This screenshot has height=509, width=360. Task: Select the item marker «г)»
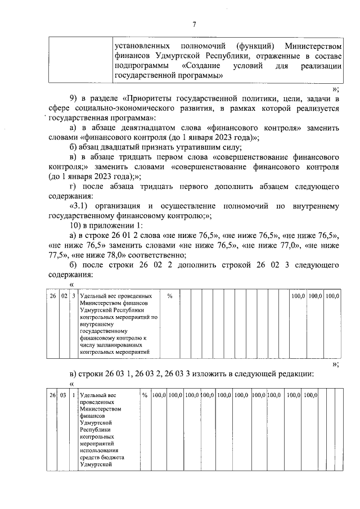[x=70, y=186]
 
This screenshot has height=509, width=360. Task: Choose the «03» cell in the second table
[x=63, y=397]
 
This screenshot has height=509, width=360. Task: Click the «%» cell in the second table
[x=145, y=397]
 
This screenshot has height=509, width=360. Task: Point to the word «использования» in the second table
[x=99, y=451]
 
